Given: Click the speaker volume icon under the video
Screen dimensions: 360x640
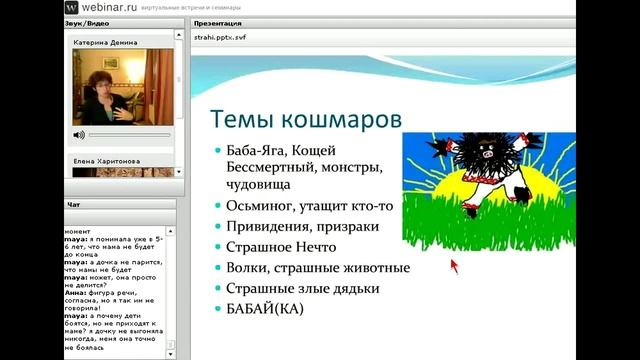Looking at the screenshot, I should tap(79, 134).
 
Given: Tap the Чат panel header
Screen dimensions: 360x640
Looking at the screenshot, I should tap(74, 204).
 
